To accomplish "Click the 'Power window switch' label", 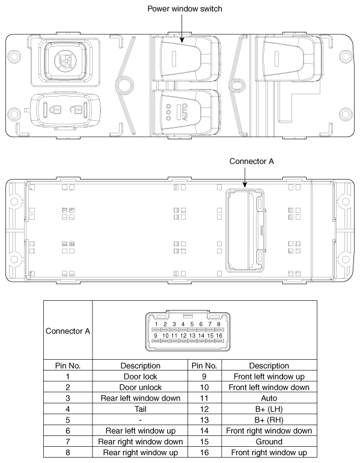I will point(181,8).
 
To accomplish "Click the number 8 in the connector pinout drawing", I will point(219,324).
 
